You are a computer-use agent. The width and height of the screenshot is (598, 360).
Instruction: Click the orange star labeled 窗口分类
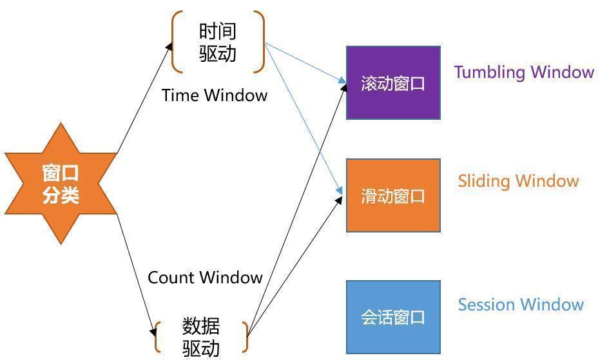coord(61,184)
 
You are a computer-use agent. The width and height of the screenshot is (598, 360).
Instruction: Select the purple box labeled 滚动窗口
coord(393,83)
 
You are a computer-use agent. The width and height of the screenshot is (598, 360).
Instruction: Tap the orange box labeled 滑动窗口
coord(393,195)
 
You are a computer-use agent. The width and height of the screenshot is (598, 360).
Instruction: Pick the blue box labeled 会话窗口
coord(393,317)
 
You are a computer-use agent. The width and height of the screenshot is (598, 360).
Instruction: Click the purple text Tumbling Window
coord(523,71)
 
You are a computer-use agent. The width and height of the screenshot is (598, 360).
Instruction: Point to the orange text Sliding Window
coord(518,181)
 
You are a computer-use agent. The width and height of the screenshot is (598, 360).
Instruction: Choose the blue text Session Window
coord(521,304)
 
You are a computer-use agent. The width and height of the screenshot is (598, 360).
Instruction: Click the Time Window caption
coord(214,95)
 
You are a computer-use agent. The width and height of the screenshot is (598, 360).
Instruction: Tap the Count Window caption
coord(205,278)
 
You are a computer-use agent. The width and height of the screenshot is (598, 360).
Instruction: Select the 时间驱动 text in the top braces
coord(218,42)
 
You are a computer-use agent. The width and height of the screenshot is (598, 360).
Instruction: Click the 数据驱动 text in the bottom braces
coord(201,337)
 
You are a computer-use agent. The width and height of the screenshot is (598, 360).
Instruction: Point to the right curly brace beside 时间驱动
coord(260,42)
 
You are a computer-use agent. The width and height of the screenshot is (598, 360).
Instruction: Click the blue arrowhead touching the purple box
coord(343,81)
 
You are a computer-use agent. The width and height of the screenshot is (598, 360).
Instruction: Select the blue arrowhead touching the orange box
coord(340,191)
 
